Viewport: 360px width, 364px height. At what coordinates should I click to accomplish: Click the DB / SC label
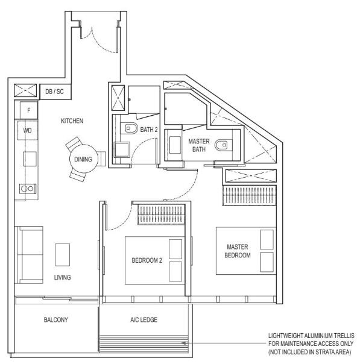(x=54, y=92)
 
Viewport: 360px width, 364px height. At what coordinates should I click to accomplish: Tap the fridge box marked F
(x=28, y=110)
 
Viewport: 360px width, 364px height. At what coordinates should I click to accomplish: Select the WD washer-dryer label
(x=27, y=130)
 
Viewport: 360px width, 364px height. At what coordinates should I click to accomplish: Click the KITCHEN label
(x=72, y=121)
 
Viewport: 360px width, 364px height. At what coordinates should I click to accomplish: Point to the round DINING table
(x=84, y=159)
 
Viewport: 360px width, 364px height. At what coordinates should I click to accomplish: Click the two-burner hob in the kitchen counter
(x=28, y=189)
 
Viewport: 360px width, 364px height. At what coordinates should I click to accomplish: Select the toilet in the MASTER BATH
(x=223, y=145)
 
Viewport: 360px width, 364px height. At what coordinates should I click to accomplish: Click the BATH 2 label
(x=149, y=130)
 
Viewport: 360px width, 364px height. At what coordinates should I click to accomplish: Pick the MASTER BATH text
(x=199, y=145)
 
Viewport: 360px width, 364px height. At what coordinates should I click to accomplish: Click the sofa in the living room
(x=29, y=255)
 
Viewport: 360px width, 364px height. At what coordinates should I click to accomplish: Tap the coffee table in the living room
(x=63, y=255)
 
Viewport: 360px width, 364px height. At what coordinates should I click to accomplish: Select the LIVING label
(x=63, y=277)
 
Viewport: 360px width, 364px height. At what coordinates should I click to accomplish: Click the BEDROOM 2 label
(x=147, y=260)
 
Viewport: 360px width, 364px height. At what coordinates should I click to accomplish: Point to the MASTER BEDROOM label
(x=238, y=251)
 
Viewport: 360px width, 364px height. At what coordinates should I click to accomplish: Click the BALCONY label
(x=55, y=319)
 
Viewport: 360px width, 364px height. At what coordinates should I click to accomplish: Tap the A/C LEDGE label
(x=144, y=319)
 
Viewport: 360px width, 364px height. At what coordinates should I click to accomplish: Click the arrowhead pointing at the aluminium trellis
(x=184, y=343)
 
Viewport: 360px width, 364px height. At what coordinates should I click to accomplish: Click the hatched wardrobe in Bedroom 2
(x=161, y=215)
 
